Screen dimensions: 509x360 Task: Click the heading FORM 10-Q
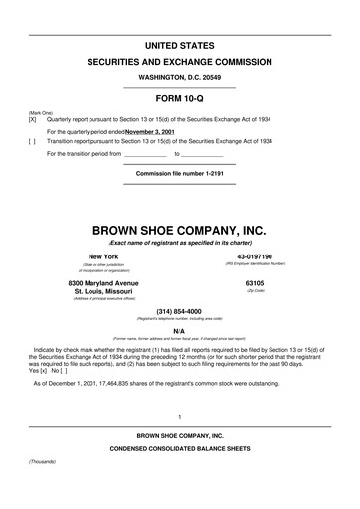179,98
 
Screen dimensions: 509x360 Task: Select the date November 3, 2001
153,131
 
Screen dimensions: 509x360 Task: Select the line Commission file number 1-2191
179,173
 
